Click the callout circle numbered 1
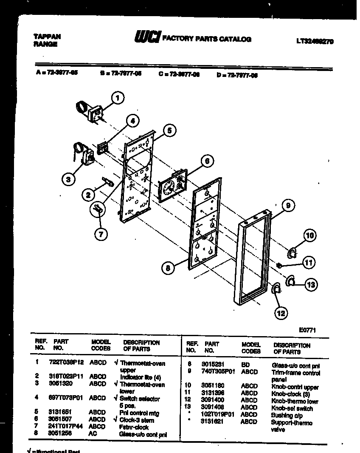tap(118, 98)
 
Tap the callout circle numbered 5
tap(169, 130)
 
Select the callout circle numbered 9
tap(288, 206)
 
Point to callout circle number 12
tap(281, 313)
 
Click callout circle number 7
tap(101, 233)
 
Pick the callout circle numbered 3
tap(68, 179)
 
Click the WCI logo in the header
tap(147, 38)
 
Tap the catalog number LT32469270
tap(315, 42)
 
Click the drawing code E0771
tap(307, 330)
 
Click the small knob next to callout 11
tap(279, 265)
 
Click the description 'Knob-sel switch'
tap(292, 408)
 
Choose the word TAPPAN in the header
tap(47, 37)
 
